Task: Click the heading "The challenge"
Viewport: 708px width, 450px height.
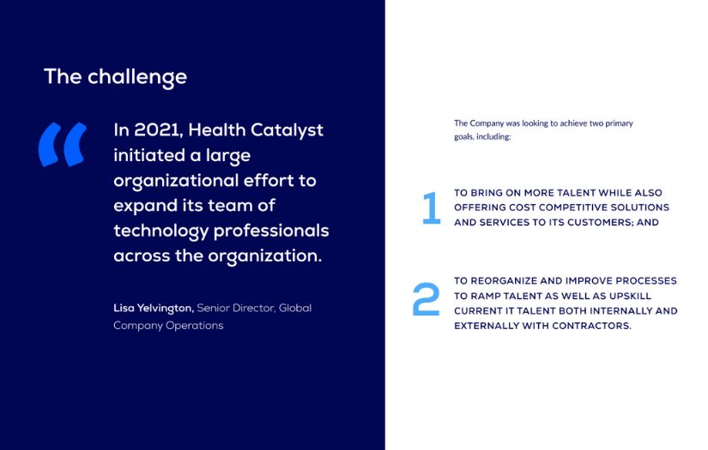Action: pyautogui.click(x=115, y=77)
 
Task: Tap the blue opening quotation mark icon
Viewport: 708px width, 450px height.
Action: pyautogui.click(x=63, y=144)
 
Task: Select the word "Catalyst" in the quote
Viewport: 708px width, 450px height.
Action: pyautogui.click(x=287, y=131)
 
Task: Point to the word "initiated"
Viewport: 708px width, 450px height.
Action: pyautogui.click(x=149, y=155)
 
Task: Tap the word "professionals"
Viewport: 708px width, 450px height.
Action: pyautogui.click(x=271, y=231)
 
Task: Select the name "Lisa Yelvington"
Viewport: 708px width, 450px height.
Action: pyautogui.click(x=154, y=309)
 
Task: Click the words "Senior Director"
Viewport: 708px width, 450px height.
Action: pyautogui.click(x=236, y=308)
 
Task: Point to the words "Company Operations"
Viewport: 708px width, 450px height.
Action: pyautogui.click(x=168, y=326)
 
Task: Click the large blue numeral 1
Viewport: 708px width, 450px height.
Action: pyautogui.click(x=431, y=208)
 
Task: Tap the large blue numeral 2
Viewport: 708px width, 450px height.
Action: pyautogui.click(x=426, y=299)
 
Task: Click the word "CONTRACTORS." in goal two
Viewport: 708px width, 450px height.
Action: pyautogui.click(x=591, y=326)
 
